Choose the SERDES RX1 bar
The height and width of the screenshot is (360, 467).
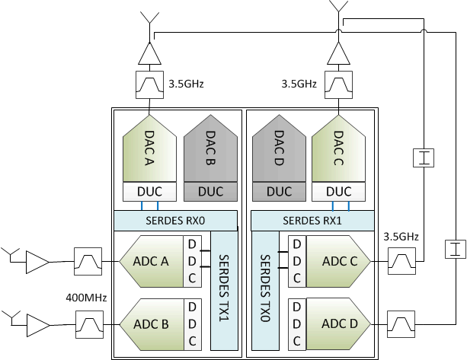pyautogui.click(x=312, y=220)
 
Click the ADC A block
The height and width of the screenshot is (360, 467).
pyautogui.click(x=152, y=261)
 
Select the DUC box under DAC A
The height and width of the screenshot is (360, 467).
pyautogui.click(x=149, y=192)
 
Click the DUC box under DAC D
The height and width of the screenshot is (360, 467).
pyautogui.click(x=279, y=192)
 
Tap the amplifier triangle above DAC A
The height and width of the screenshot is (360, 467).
pyautogui.click(x=149, y=53)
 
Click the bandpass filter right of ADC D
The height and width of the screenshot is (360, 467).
pyautogui.click(x=400, y=323)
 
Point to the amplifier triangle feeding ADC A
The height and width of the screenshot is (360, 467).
pyautogui.click(x=37, y=262)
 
